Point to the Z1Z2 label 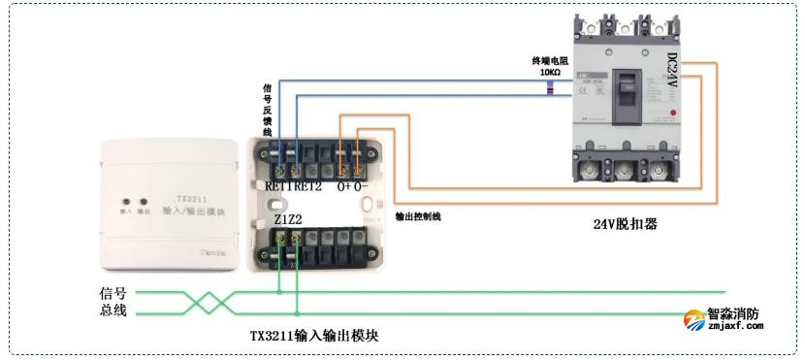click(x=288, y=220)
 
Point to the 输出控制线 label click(x=418, y=216)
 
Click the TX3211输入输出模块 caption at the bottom click(x=314, y=335)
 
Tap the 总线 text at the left click(x=113, y=312)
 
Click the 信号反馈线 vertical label click(x=267, y=109)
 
